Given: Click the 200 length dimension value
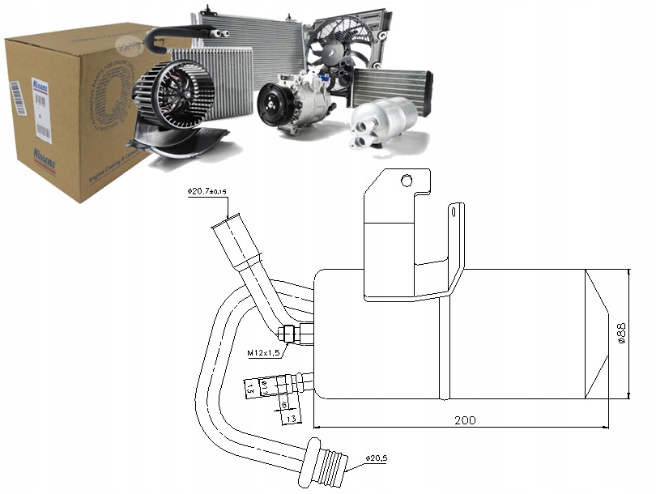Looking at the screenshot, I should coord(465,420).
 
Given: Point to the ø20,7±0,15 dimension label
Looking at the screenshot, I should coord(208,191).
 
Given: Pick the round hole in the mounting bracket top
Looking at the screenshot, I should coord(407,181).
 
